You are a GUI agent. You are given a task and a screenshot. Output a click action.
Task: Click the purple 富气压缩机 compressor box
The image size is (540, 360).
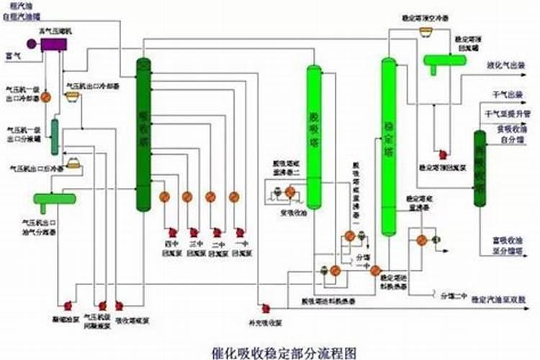pos(53,44)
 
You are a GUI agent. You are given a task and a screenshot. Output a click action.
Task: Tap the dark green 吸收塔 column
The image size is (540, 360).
pos(144,134)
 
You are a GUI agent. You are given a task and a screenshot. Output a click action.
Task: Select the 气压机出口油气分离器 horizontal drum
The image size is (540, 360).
pos(54,199)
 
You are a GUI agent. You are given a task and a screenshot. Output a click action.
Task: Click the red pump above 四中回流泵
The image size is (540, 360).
pos(173,233)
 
